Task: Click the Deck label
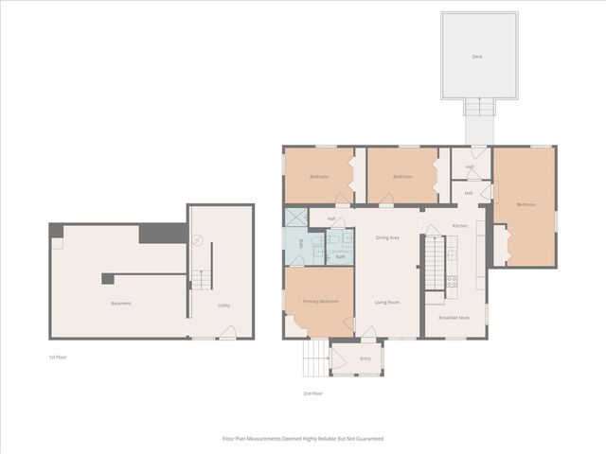(x=477, y=57)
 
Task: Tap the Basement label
(x=120, y=304)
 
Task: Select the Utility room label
(x=224, y=306)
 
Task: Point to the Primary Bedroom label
(x=321, y=301)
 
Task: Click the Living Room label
(x=387, y=302)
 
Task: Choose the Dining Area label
(x=387, y=237)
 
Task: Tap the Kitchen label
(x=460, y=226)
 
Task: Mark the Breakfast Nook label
(x=454, y=318)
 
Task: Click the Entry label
(x=365, y=358)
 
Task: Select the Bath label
(x=340, y=256)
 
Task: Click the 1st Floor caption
(x=58, y=358)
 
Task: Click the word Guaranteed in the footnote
(x=369, y=439)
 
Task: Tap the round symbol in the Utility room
(x=198, y=237)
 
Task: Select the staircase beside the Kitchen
(x=435, y=263)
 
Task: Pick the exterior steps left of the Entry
(x=314, y=357)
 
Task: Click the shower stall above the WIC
(x=295, y=218)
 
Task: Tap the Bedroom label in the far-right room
(x=526, y=205)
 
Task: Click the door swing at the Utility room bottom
(x=228, y=331)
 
